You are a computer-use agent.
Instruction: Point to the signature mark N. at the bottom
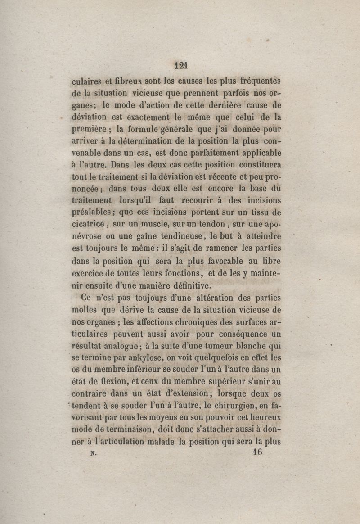(94, 453)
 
